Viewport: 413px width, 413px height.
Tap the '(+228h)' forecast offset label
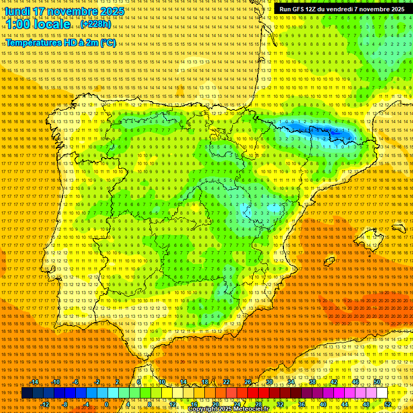(x=96, y=24)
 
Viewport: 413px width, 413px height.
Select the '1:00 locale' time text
(x=38, y=24)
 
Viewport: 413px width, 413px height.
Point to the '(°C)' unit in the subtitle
(x=108, y=43)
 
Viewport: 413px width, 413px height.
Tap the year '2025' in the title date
(x=111, y=11)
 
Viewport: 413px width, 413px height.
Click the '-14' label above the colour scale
(x=34, y=382)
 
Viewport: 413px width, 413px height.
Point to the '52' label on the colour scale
(x=388, y=404)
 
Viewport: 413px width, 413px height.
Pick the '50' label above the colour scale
(x=377, y=382)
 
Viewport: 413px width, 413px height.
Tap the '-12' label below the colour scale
(x=45, y=404)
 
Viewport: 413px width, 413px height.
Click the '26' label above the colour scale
(x=248, y=382)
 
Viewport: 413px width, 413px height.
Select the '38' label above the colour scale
(x=312, y=382)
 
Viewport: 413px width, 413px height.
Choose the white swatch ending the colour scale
(x=382, y=393)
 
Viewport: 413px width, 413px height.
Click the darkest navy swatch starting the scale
(x=27, y=393)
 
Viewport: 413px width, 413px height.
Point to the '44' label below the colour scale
(x=345, y=404)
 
